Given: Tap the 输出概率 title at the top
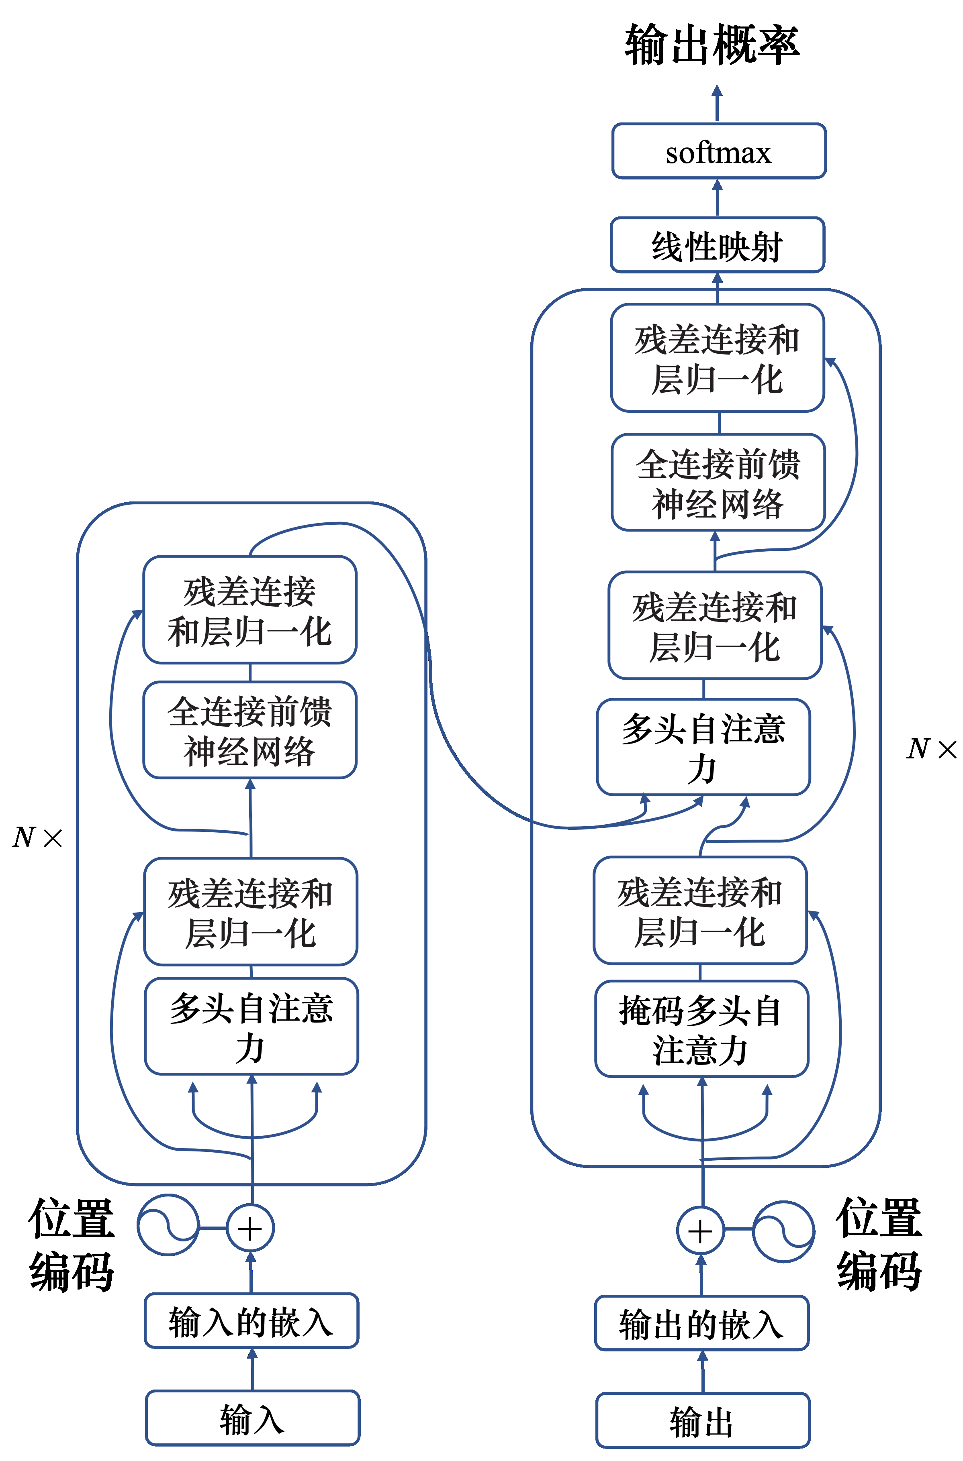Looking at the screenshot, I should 712,44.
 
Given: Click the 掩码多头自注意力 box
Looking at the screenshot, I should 701,1029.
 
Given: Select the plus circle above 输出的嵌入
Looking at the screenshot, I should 700,1231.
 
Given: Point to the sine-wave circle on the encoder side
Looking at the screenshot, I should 168,1225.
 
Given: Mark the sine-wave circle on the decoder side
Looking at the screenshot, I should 784,1231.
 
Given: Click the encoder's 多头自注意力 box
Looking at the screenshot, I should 251,1026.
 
